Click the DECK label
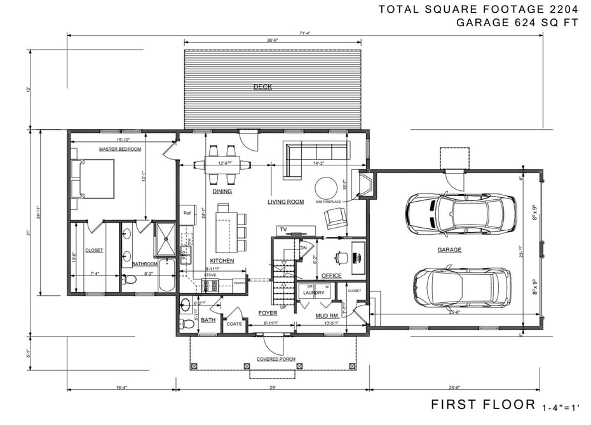262,87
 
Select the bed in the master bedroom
94,179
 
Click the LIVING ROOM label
285,202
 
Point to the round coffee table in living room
327,188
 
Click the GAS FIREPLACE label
328,202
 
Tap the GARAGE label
449,250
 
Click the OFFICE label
331,275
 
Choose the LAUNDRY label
313,293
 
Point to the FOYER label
268,313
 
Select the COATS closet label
234,324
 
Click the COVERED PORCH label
276,359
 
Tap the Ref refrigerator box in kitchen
187,213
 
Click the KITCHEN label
222,261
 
